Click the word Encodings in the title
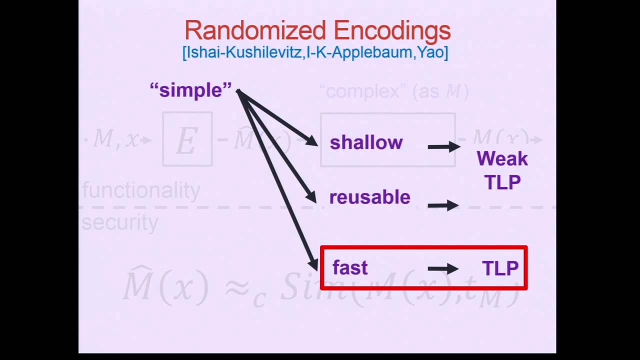tap(392, 31)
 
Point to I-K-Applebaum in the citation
tap(359, 52)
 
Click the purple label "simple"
tap(190, 90)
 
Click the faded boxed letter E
tap(187, 139)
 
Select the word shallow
tap(366, 143)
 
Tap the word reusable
tap(369, 197)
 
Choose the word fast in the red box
tap(350, 268)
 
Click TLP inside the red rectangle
tap(500, 268)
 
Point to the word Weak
tap(502, 159)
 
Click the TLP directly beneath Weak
tap(502, 182)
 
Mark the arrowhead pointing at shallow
tap(312, 141)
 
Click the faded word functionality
tap(141, 190)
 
